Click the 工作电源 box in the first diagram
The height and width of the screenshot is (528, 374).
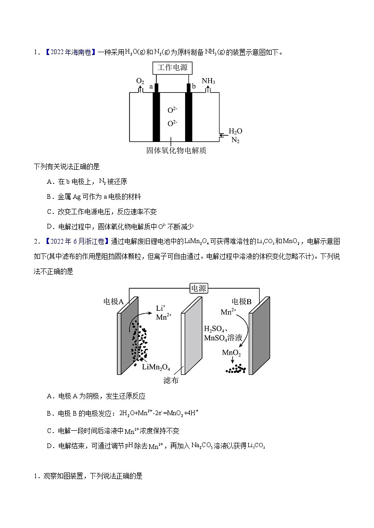click(x=172, y=68)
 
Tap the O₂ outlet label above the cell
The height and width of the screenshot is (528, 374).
click(x=140, y=81)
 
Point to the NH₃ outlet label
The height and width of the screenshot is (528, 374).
click(x=208, y=81)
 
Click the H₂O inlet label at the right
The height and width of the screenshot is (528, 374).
click(x=236, y=131)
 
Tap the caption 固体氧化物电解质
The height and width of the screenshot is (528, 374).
click(x=176, y=151)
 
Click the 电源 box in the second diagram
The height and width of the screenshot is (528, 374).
click(x=198, y=288)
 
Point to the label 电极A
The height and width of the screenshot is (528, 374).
click(x=113, y=301)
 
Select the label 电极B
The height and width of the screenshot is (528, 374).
click(x=242, y=301)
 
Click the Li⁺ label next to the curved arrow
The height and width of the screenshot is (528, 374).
click(x=160, y=308)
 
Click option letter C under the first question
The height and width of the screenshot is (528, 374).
click(x=49, y=212)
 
